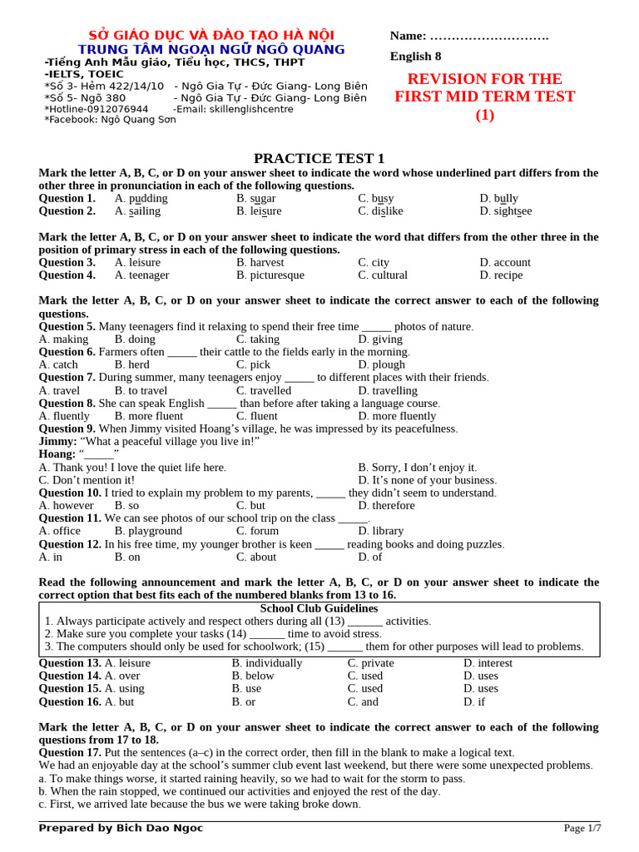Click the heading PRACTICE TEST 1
click(x=319, y=158)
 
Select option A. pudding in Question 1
click(x=141, y=199)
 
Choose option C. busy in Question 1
click(x=376, y=199)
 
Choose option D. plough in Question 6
click(x=381, y=364)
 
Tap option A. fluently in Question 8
click(x=64, y=416)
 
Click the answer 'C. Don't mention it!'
click(x=87, y=480)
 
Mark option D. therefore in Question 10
click(x=386, y=506)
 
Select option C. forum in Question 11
click(x=257, y=531)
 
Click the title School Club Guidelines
click(x=319, y=608)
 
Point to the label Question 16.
click(x=70, y=701)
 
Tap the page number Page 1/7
click(x=582, y=828)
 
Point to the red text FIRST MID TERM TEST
click(x=484, y=97)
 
